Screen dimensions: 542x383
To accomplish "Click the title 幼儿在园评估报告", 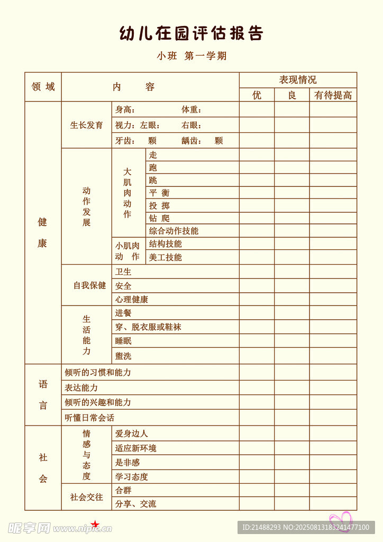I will pos(191,33).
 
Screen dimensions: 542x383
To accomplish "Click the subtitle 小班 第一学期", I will pos(191,56).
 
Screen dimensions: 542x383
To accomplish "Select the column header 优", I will pos(257,95).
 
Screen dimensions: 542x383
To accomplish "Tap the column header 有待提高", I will pos(333,95).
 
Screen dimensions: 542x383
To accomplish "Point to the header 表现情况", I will pos(298,80).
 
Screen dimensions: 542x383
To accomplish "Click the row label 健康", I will pos(42,233).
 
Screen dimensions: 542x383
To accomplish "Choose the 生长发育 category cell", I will pos(87,125).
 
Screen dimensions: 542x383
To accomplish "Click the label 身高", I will pos(125,110).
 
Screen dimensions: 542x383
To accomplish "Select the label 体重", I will pos(191,110).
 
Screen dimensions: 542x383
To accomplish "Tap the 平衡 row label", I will pos(159,193).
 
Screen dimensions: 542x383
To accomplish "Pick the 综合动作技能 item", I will pos(174,231).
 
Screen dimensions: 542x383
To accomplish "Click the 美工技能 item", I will pos(165,257).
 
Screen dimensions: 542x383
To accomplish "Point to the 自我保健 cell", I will pos(89,285).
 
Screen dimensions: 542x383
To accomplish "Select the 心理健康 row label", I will pos(132,299).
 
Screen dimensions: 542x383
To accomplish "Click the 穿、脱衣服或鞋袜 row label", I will pos(148,327).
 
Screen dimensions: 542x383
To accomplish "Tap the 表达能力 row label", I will pos(81,387).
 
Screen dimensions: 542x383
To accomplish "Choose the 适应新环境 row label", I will pos(135,448).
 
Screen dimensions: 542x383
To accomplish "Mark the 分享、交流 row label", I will pos(135,503).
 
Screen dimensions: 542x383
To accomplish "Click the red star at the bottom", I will pos(95,525).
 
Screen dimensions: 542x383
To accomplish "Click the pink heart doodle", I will pos(341,519).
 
